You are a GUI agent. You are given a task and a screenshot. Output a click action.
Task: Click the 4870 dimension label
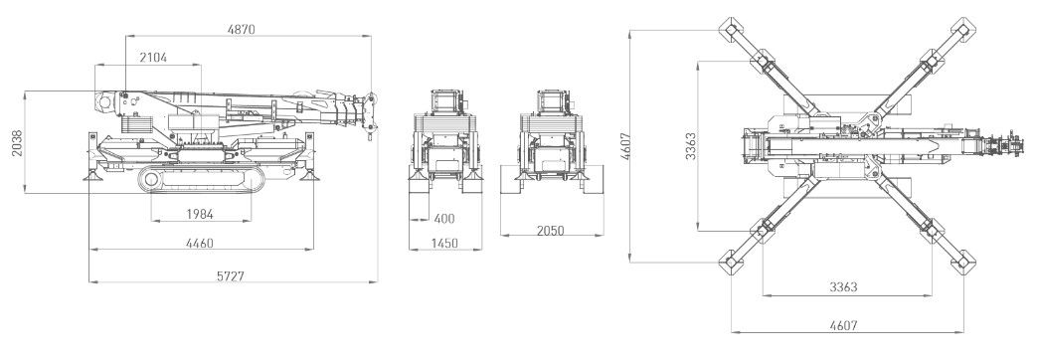click(241, 29)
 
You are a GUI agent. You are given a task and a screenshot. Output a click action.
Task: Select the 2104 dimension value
click(153, 58)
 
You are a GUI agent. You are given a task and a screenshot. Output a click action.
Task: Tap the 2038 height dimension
click(17, 143)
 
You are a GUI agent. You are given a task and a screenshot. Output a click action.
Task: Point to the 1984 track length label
click(200, 215)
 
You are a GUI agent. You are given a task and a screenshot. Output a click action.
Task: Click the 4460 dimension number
click(200, 244)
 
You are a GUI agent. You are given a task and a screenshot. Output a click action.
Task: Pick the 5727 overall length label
click(231, 276)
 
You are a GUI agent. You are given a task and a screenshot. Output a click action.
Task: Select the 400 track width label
click(444, 219)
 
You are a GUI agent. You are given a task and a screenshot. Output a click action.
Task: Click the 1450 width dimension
click(444, 243)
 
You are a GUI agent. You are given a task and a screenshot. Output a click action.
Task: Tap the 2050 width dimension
click(550, 231)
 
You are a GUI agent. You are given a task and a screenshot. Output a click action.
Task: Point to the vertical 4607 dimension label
click(625, 147)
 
